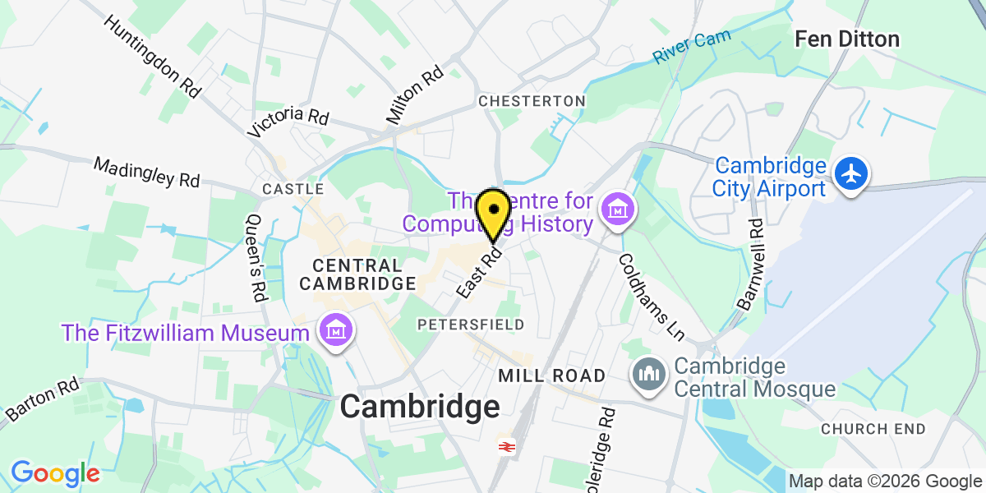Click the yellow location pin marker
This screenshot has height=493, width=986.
493,213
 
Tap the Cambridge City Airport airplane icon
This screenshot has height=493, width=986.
852,175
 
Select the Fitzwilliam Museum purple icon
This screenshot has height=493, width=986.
337,331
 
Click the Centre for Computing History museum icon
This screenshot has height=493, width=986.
616,211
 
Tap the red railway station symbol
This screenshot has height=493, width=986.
505,446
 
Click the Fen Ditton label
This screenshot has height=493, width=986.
846,39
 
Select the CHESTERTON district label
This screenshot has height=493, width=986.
532,100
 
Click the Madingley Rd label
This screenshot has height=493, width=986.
146,173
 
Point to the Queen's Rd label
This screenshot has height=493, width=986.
255,257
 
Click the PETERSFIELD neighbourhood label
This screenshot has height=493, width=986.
471,325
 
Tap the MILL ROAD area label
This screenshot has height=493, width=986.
552,376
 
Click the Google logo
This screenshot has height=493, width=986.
54,472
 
